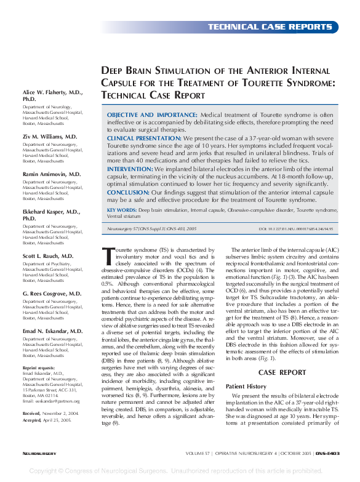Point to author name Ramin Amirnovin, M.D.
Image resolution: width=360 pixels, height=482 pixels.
tap(52, 174)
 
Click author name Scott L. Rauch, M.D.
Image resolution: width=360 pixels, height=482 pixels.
tap(48, 255)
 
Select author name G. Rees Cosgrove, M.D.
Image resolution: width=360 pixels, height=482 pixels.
tap(52, 293)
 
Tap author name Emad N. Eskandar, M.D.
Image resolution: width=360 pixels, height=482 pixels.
tap(52, 331)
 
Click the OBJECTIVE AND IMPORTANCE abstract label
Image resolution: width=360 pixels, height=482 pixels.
tap(152, 115)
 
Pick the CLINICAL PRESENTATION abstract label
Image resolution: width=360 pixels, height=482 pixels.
tap(145, 139)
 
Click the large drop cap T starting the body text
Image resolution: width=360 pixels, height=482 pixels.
tap(109, 254)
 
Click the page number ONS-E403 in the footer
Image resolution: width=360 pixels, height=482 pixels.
tap(324, 453)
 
